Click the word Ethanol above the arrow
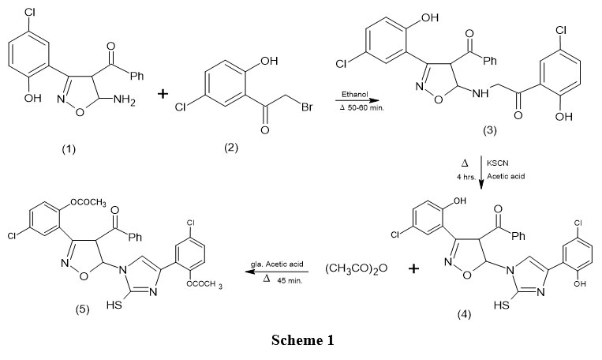tap(353, 95)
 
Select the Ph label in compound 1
tap(137, 54)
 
